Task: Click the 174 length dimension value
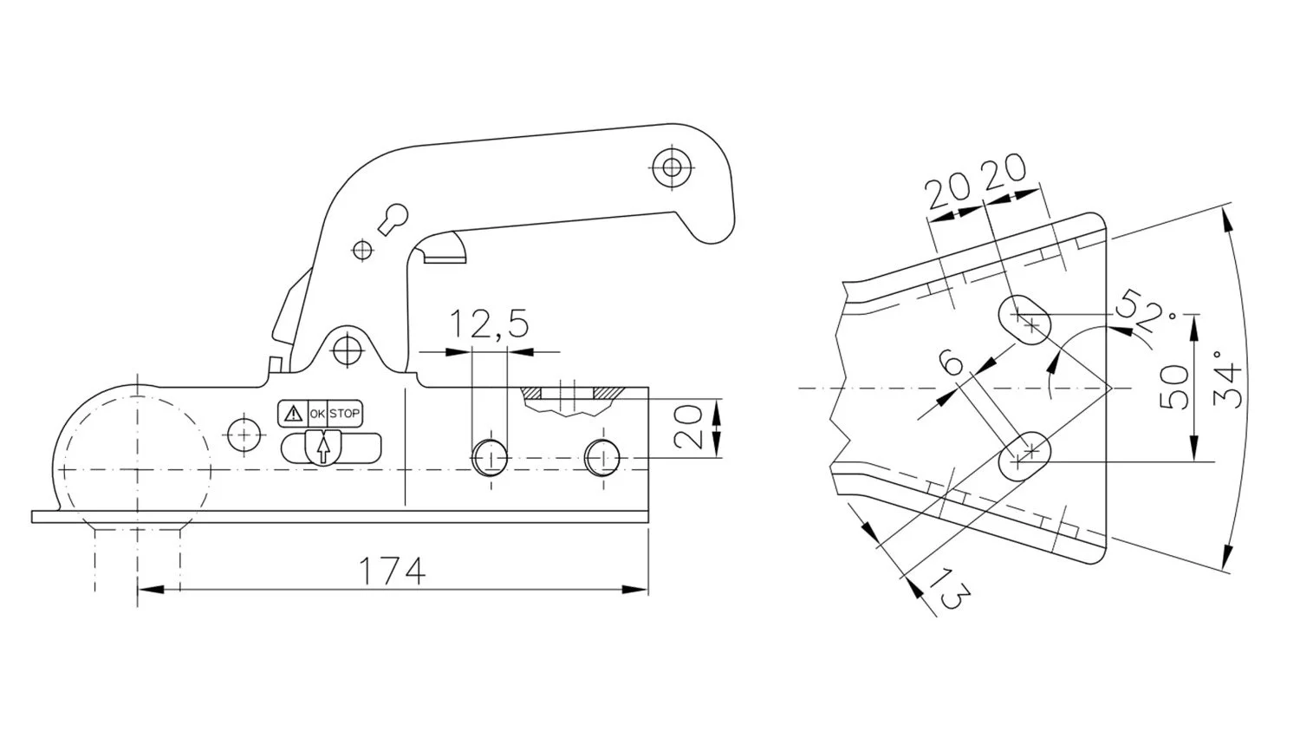(393, 572)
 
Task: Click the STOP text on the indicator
(344, 414)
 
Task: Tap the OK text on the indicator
(317, 414)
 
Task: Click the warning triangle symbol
(294, 414)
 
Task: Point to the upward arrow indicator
(323, 449)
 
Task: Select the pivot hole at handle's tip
(670, 166)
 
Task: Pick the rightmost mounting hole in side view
(602, 457)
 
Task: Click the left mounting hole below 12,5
(490, 457)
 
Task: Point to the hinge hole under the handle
(348, 350)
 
